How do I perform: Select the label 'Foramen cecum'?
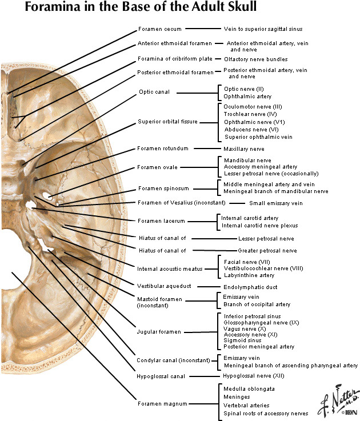pyautogui.click(x=159, y=29)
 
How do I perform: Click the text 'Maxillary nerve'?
pyautogui.click(x=244, y=149)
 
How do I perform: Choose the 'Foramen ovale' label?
pyautogui.click(x=157, y=167)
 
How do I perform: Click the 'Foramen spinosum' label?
pyautogui.click(x=162, y=189)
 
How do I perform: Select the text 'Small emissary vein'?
pyautogui.click(x=275, y=203)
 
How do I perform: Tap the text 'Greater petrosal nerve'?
pyautogui.click(x=267, y=251)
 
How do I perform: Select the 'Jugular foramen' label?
pyautogui.click(x=159, y=331)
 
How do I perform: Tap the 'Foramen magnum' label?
pyautogui.click(x=162, y=403)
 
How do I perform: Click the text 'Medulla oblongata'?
pyautogui.click(x=249, y=388)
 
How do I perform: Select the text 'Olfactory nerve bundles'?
pyautogui.click(x=255, y=59)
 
